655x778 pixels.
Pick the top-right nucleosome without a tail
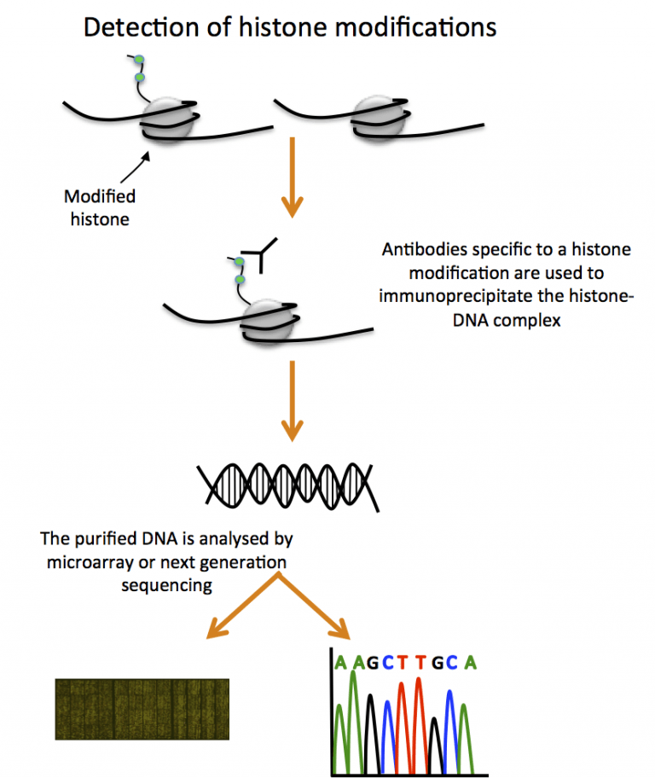tap(375, 115)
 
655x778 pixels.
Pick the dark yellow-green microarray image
tap(142, 709)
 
